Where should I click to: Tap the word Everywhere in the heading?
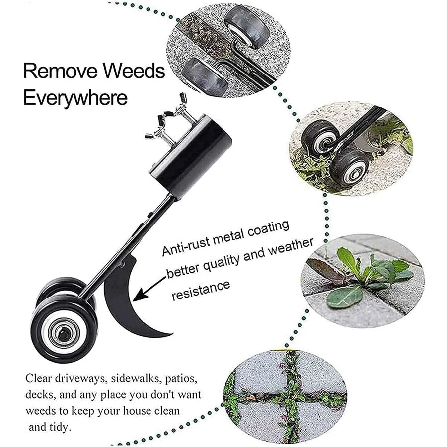pos(75,97)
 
